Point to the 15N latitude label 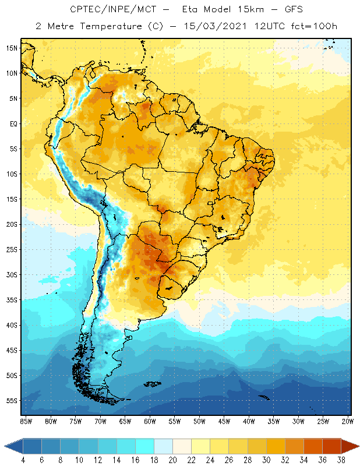tap(11, 48)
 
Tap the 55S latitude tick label tap(11, 401)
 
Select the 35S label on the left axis tap(11, 300)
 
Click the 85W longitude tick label tap(26, 421)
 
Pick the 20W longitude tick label tap(347, 421)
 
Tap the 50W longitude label tap(199, 421)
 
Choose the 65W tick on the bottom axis tap(125, 421)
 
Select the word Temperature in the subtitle tap(106, 26)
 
